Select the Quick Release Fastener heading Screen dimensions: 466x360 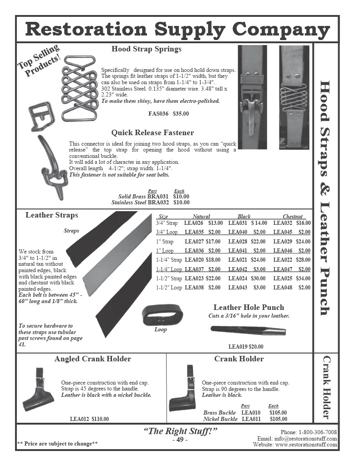click(152, 133)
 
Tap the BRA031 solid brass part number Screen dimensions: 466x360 click(158, 197)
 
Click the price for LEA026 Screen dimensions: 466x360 click(215, 223)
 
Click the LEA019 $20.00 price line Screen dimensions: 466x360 click(246, 346)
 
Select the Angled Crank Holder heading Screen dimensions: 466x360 click(93, 359)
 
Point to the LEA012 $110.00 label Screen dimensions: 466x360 click(89, 419)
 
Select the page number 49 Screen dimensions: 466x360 click(180, 439)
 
